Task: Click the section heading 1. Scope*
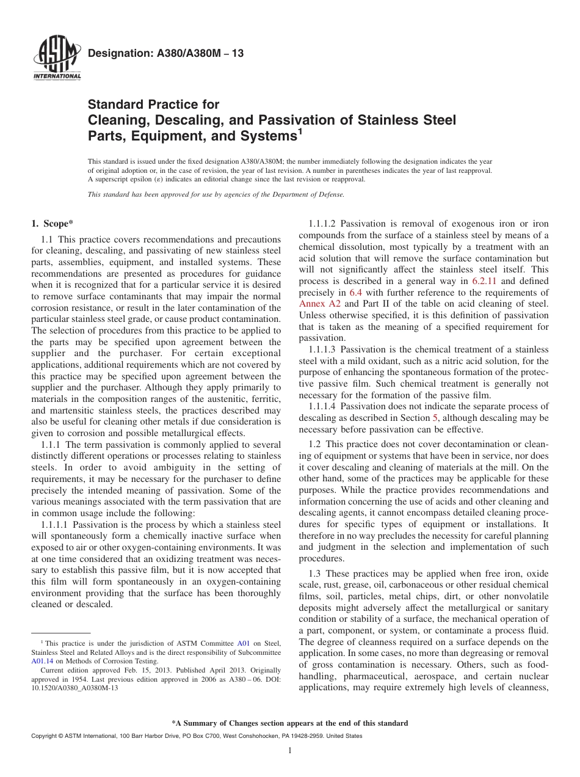pyautogui.click(x=53, y=224)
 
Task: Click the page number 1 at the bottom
pyautogui.click(x=290, y=751)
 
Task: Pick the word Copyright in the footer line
pyautogui.click(x=45, y=736)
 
